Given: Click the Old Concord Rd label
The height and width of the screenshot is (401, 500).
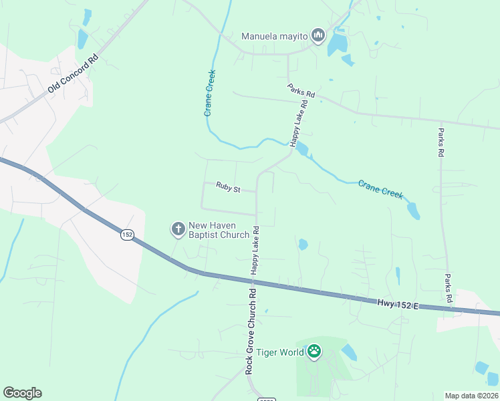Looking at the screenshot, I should click(x=73, y=74).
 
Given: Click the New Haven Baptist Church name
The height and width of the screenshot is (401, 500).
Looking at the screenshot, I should click(x=219, y=230).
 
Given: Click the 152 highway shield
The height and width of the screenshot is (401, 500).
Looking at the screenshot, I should click(x=128, y=235).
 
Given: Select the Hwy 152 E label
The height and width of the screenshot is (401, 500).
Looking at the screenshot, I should click(x=397, y=303).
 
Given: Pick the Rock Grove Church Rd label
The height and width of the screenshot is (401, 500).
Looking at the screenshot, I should click(x=250, y=331).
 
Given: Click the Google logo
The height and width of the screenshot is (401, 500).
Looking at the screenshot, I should click(x=22, y=393).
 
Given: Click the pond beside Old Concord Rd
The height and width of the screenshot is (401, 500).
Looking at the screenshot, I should click(x=82, y=38).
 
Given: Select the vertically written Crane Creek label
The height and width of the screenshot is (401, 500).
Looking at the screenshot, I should click(x=210, y=93).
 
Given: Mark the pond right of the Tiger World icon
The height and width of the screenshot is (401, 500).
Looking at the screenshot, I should click(x=349, y=352).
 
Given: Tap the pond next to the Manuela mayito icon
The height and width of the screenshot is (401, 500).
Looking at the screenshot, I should click(x=337, y=44).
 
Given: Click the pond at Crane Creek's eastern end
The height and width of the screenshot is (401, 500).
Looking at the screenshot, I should click(x=414, y=211).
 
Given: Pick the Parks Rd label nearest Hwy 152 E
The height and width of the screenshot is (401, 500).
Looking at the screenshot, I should click(x=449, y=289).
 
